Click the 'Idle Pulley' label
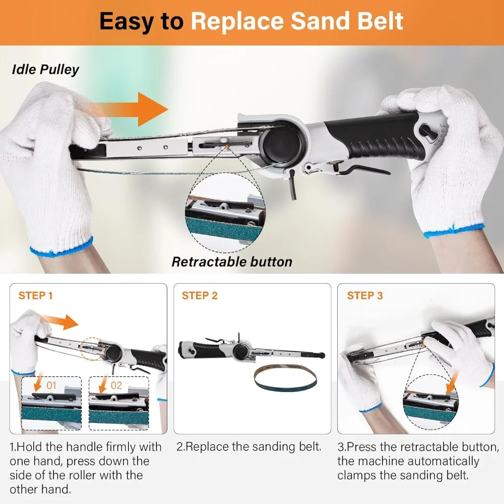[45, 70]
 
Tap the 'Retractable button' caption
[232, 262]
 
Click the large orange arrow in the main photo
[132, 109]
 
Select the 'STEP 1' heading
[35, 295]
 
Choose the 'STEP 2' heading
[200, 295]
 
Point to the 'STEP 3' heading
[365, 295]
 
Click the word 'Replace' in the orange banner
[237, 22]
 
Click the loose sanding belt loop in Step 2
[285, 379]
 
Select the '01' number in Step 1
[51, 385]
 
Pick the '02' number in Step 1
[116, 385]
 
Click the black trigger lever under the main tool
[363, 169]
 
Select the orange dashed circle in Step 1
[92, 349]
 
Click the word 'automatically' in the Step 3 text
[418, 461]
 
